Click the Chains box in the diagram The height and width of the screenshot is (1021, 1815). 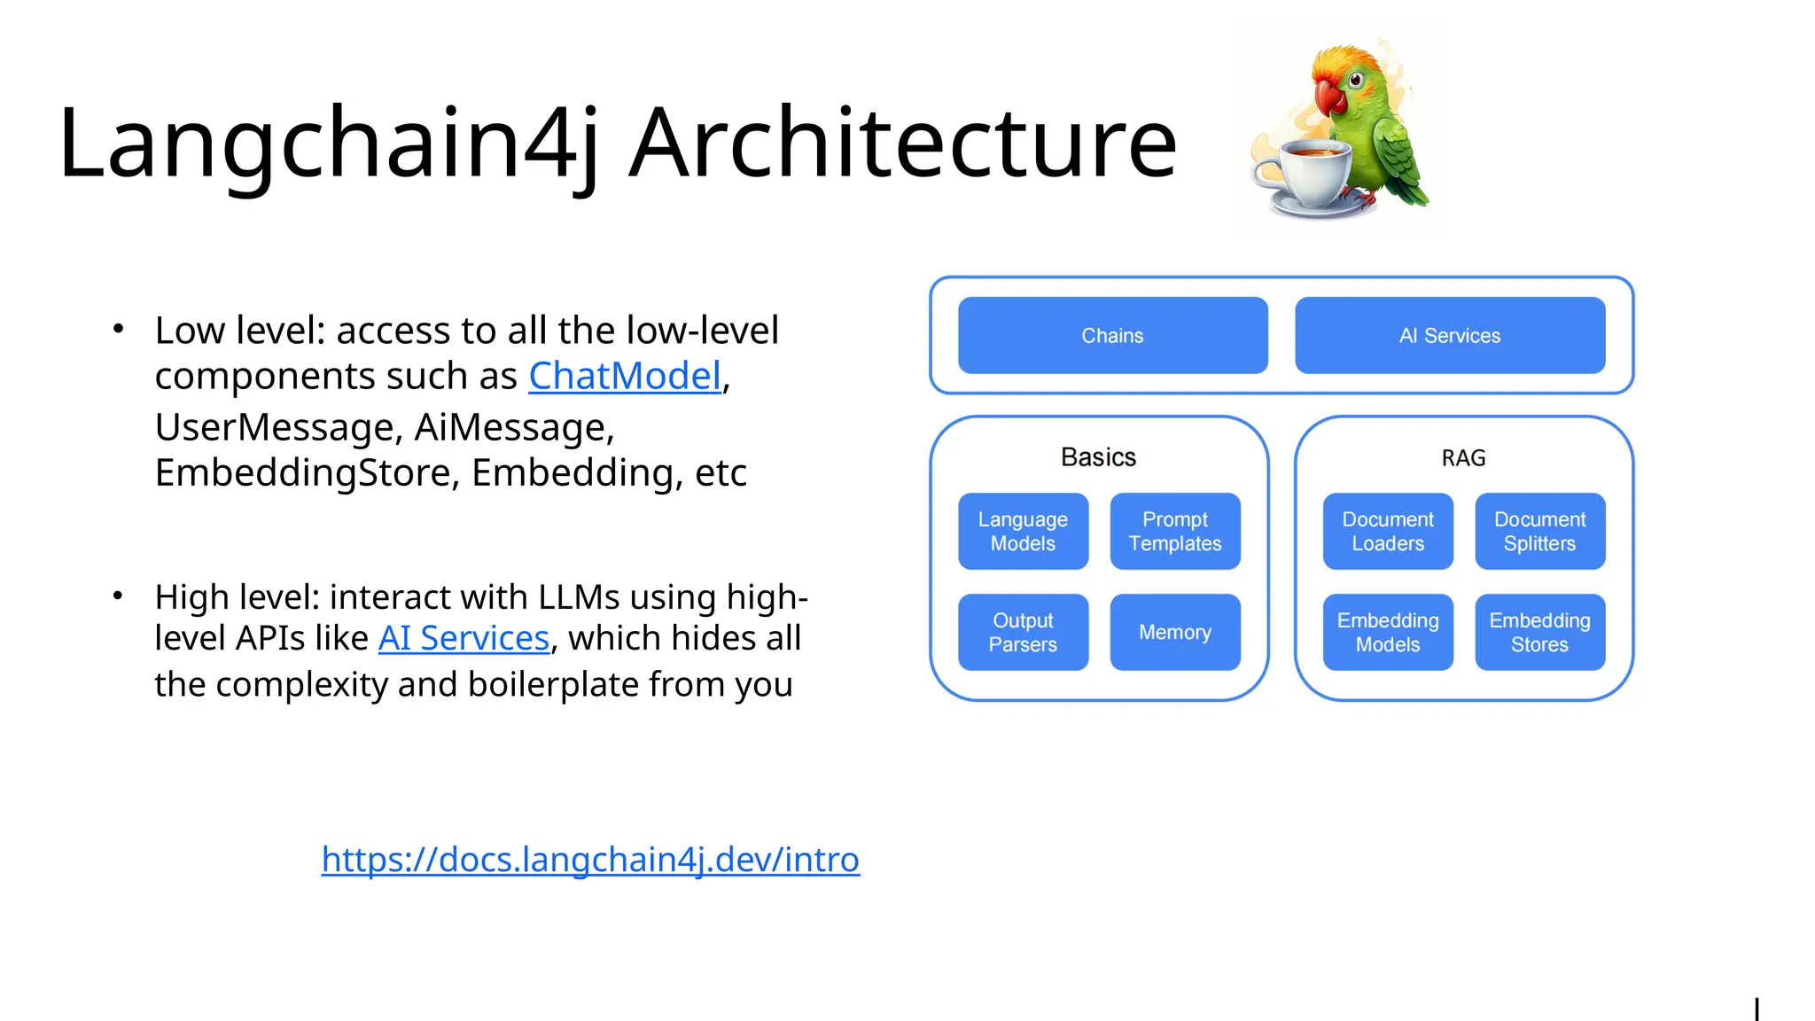tap(1112, 335)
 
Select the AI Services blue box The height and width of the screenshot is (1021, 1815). tap(1450, 335)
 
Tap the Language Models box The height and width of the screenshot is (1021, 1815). tap(1023, 531)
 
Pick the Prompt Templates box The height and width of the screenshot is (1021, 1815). tap(1175, 531)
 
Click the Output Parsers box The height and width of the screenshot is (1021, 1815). tap(1023, 632)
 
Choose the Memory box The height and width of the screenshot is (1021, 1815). tap(1175, 632)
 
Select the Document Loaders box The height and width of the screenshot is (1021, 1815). tap(1388, 531)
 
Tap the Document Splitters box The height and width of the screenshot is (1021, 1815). tap(1539, 531)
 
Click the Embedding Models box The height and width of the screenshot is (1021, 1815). tap(1388, 632)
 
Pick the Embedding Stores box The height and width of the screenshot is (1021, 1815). tap(1539, 632)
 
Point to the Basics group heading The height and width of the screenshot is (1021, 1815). tap(1098, 457)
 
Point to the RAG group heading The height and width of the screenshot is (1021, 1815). tap(1463, 458)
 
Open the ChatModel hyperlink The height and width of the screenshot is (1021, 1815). tap(625, 376)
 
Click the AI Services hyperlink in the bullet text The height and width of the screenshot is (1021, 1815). tap(463, 638)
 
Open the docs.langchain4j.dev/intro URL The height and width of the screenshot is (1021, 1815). tap(590, 859)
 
